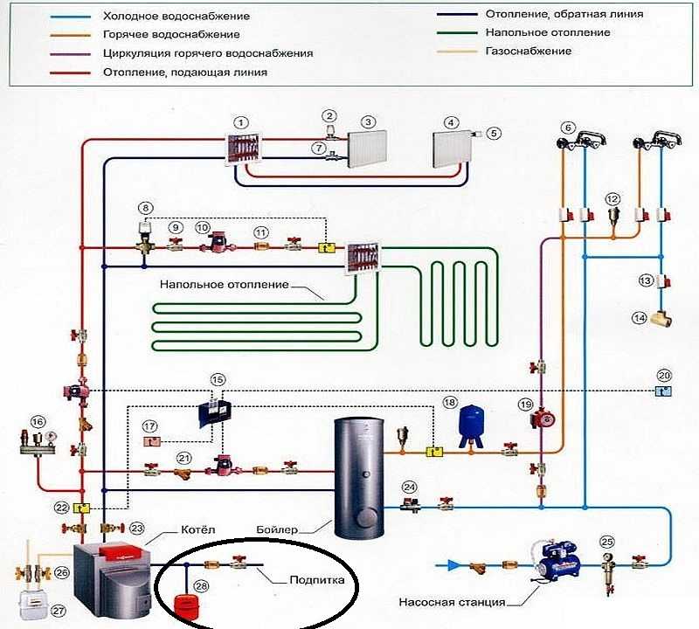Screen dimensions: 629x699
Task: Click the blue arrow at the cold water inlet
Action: coord(452,565)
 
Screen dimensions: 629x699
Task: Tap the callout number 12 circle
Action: coord(612,200)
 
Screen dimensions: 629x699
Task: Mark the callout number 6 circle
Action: coord(568,128)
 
